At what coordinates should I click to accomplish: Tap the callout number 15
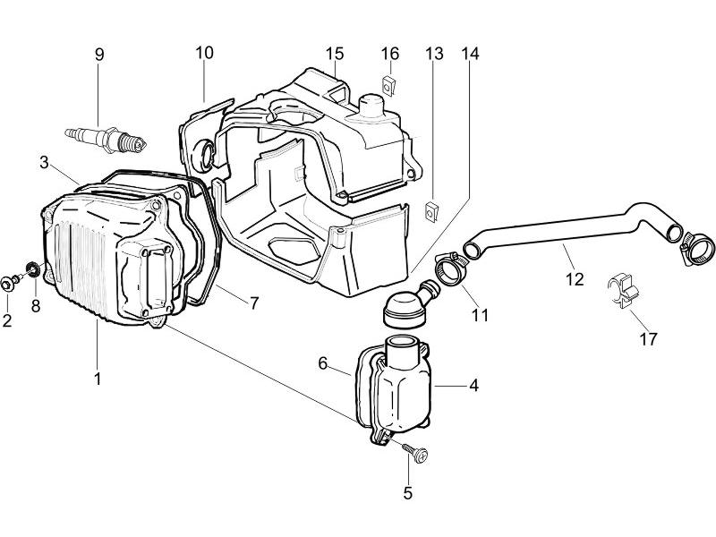(x=334, y=54)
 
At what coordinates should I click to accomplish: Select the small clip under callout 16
(x=388, y=86)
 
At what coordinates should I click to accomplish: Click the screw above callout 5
(x=417, y=454)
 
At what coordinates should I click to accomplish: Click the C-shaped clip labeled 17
(x=624, y=292)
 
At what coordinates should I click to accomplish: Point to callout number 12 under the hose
(x=574, y=279)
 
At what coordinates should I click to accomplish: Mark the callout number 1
(x=97, y=378)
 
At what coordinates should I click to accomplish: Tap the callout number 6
(x=323, y=363)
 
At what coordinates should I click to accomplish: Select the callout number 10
(x=204, y=53)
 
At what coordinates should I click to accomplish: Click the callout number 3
(x=44, y=162)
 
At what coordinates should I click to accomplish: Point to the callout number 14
(x=470, y=54)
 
